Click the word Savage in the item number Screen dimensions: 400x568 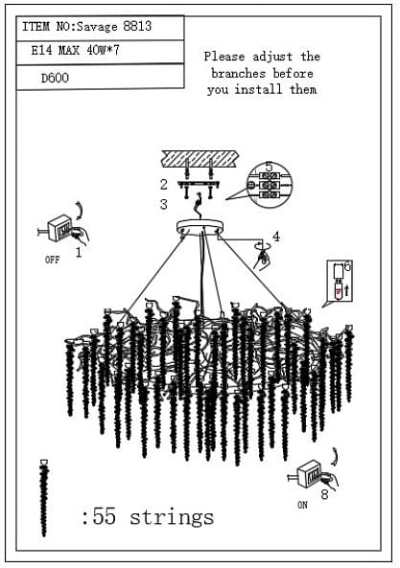click(x=97, y=27)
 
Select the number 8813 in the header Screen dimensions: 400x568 click(x=137, y=26)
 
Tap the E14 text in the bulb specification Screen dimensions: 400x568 click(x=41, y=50)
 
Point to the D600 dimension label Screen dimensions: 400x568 click(x=55, y=78)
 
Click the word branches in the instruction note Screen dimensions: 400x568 click(x=238, y=74)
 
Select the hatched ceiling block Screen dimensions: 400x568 click(x=200, y=159)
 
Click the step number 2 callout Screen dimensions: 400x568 click(x=164, y=185)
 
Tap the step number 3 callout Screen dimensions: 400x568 click(x=164, y=205)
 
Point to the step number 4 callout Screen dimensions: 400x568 click(x=276, y=237)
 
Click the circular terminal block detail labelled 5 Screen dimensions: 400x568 click(x=270, y=185)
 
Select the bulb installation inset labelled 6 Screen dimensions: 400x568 click(x=339, y=281)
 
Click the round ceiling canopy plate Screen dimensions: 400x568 click(x=200, y=228)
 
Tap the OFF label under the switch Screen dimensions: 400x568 click(x=52, y=260)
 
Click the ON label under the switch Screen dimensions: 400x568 click(x=302, y=505)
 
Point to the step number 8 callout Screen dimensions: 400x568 click(x=324, y=494)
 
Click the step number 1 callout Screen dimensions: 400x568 click(x=79, y=252)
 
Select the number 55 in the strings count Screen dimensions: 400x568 click(x=105, y=516)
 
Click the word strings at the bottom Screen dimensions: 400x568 click(x=172, y=517)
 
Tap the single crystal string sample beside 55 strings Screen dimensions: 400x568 click(x=44, y=498)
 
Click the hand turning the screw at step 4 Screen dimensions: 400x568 click(x=263, y=259)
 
